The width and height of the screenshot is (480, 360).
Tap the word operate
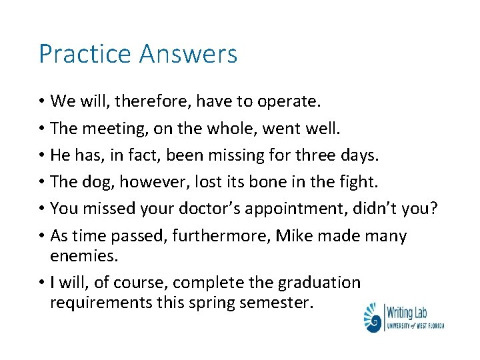coord(289,101)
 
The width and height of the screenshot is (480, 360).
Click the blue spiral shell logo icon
coord(372,317)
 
